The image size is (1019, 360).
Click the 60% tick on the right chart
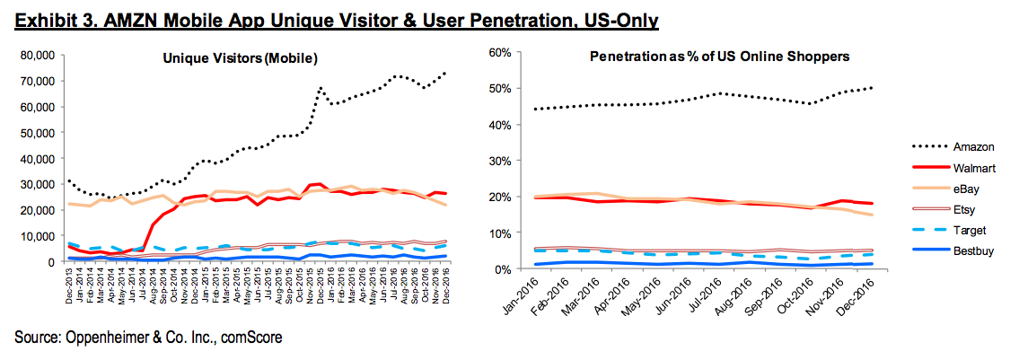tap(498, 53)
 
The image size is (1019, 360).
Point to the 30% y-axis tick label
tap(498, 161)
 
